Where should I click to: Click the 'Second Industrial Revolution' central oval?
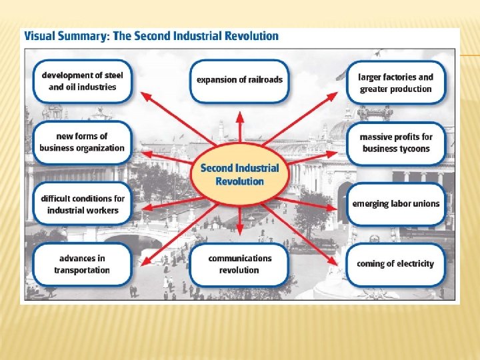(240, 175)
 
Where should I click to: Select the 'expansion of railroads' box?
(239, 80)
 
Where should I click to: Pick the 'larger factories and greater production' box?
(396, 83)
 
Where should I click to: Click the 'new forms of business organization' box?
(82, 142)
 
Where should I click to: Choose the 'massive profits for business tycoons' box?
(396, 143)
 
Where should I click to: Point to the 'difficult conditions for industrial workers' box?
(82, 204)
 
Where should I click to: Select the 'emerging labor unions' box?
(396, 203)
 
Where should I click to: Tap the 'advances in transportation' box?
(82, 264)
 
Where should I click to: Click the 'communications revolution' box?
(239, 264)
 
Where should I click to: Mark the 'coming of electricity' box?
(396, 263)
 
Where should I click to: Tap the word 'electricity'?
(411, 263)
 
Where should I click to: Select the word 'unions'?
(425, 203)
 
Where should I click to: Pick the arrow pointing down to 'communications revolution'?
(240, 223)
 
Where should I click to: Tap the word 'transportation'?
(82, 270)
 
